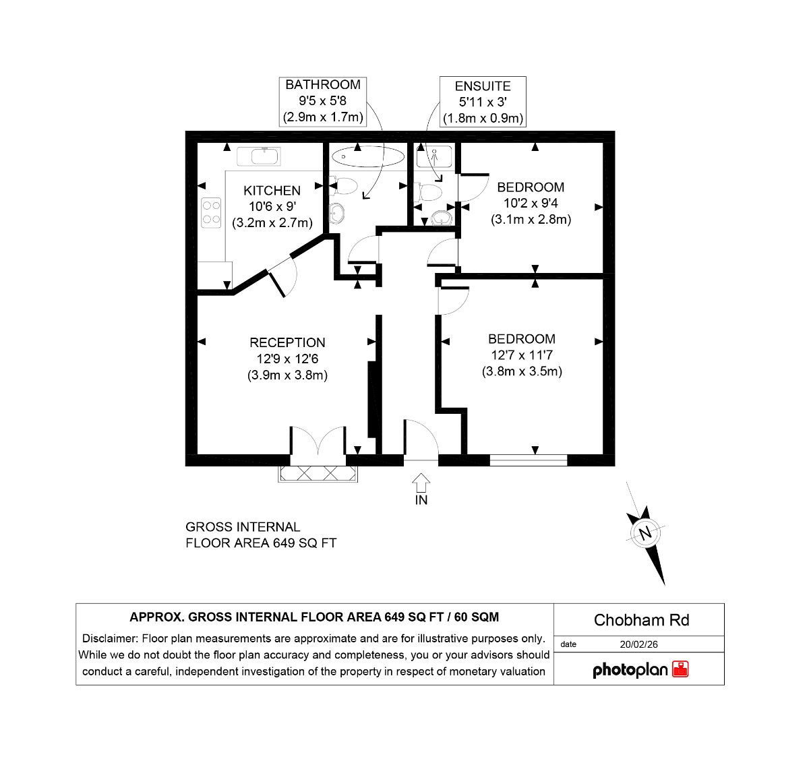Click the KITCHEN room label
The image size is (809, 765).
click(x=272, y=191)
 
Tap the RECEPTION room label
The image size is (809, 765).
click(x=287, y=342)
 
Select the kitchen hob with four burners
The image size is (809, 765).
click(x=211, y=213)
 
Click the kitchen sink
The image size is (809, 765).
click(x=259, y=156)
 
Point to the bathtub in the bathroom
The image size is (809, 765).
click(x=368, y=156)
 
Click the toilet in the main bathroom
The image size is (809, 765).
click(x=344, y=185)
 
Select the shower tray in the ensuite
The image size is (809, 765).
click(x=434, y=156)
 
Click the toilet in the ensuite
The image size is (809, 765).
click(x=429, y=192)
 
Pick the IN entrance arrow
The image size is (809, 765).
click(x=421, y=483)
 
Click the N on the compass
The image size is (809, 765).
click(x=645, y=534)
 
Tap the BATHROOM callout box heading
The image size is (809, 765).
click(x=323, y=85)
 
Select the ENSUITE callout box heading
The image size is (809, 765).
click(x=483, y=86)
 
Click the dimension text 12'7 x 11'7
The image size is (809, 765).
click(x=521, y=355)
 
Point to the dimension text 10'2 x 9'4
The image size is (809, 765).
click(x=531, y=203)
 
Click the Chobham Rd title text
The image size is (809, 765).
click(x=641, y=619)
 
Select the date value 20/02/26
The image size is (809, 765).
click(x=638, y=644)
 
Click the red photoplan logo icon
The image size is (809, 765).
click(x=680, y=669)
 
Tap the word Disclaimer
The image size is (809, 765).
click(x=110, y=638)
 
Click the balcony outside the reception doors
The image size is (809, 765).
click(x=318, y=473)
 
